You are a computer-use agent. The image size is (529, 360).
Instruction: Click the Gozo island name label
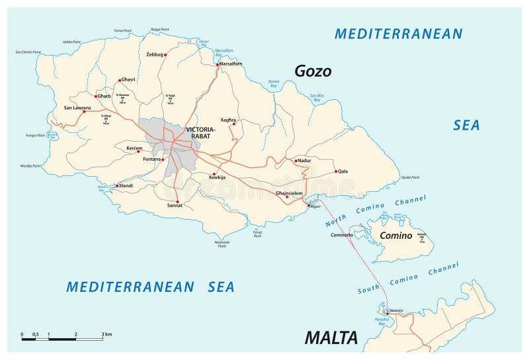point(313,71)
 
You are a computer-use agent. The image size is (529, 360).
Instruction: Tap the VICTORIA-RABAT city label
point(201,132)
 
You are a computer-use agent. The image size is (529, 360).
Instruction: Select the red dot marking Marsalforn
point(217,65)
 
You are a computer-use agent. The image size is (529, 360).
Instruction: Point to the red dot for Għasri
point(119,79)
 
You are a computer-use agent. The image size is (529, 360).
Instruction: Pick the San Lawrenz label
point(77,107)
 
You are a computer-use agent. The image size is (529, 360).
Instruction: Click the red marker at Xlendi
point(117,186)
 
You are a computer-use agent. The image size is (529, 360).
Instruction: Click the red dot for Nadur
point(296,160)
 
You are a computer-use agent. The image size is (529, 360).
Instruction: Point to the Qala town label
point(343,171)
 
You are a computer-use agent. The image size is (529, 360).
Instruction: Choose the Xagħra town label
point(228,112)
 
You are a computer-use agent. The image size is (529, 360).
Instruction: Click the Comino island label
point(396,236)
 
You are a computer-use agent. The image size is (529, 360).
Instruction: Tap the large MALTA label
point(331,337)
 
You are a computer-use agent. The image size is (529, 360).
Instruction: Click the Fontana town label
point(153,159)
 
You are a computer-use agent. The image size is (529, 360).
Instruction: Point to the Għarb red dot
point(97,96)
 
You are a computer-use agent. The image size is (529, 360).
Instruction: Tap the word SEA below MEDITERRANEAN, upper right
point(466,125)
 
